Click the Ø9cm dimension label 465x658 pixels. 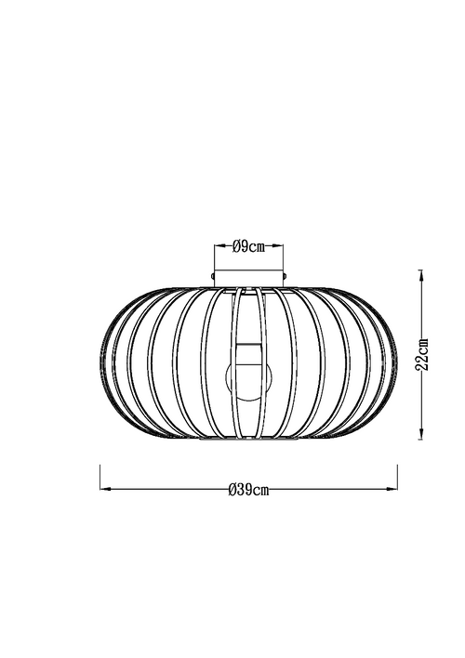(248, 246)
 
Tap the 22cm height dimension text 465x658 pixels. (422, 352)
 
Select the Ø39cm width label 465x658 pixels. (248, 491)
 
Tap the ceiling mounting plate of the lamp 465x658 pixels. (249, 276)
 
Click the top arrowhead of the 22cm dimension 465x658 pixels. (422, 274)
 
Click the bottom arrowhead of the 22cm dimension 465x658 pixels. (422, 430)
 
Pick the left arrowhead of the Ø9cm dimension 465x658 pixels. (219, 246)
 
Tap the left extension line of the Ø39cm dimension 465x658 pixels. (100, 479)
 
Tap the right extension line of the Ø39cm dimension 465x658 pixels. (398, 479)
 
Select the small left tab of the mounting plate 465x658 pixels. (213, 276)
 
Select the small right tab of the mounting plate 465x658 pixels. (286, 276)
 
